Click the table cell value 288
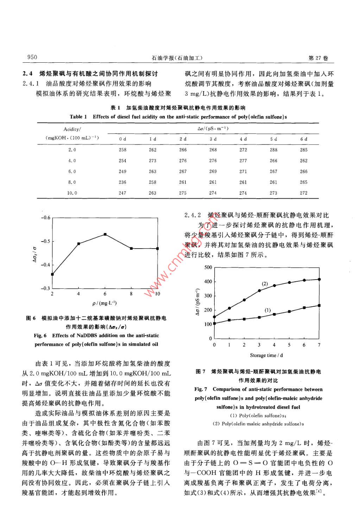pyautogui.click(x=273, y=150)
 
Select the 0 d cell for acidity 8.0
pyautogui.click(x=122, y=182)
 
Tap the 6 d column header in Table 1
pyautogui.click(x=304, y=139)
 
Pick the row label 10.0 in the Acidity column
pyautogui.click(x=72, y=193)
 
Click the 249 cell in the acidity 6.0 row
pyautogui.click(x=122, y=171)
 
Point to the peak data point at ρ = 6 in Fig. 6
pyautogui.click(x=105, y=234)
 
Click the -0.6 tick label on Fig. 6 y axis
pyautogui.click(x=46, y=218)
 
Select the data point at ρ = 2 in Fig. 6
pyautogui.click(x=52, y=274)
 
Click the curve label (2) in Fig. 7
pyautogui.click(x=265, y=284)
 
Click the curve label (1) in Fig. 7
pyautogui.click(x=267, y=310)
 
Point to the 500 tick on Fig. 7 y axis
pyautogui.click(x=208, y=267)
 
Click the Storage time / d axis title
pyautogui.click(x=266, y=355)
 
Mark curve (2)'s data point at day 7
pyautogui.click(x=319, y=279)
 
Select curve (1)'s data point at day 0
pyautogui.click(x=214, y=323)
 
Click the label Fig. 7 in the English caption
pyautogui.click(x=201, y=389)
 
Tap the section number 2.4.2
pyautogui.click(x=192, y=215)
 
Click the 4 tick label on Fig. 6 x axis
pyautogui.click(x=78, y=294)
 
